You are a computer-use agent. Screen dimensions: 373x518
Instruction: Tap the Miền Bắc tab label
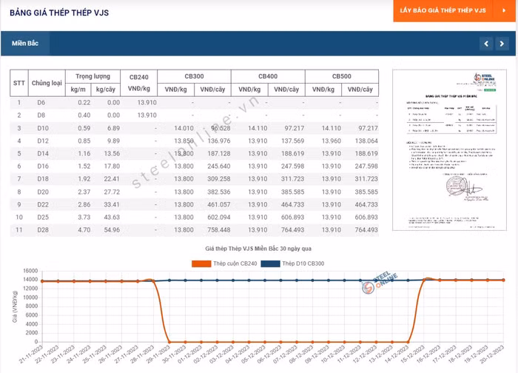click(x=24, y=44)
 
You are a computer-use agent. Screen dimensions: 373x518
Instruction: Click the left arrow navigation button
click(x=486, y=44)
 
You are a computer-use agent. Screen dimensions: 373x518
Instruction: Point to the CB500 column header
click(x=341, y=76)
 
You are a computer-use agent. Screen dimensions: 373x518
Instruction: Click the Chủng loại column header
click(x=45, y=83)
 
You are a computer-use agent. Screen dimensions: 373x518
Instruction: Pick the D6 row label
click(x=41, y=102)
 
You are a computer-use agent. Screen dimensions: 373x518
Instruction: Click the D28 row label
click(x=41, y=230)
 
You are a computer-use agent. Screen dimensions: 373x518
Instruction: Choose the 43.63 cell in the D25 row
click(x=111, y=218)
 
